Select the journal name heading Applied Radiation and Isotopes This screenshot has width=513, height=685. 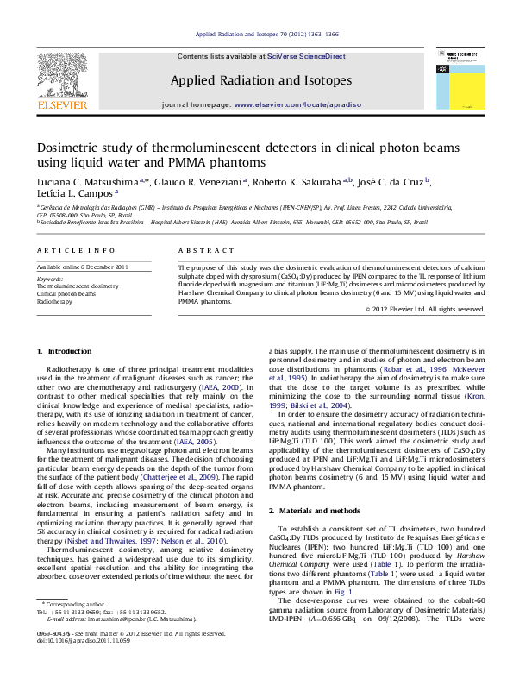tap(260, 80)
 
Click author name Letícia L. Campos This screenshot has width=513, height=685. tap(74, 195)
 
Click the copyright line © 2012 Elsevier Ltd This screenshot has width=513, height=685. tap(437, 309)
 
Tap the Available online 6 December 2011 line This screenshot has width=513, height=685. tap(82, 267)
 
